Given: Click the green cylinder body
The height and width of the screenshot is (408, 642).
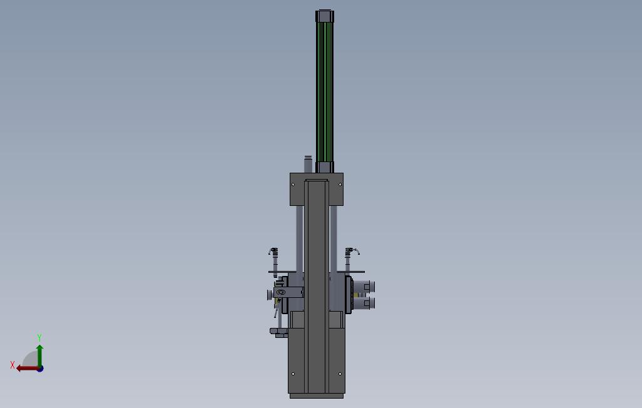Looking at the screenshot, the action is [325, 92].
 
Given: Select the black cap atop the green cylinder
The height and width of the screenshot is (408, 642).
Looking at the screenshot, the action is [325, 16].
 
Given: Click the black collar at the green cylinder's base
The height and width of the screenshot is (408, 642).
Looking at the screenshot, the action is [325, 167].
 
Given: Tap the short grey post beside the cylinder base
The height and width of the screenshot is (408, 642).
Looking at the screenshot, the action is [308, 164].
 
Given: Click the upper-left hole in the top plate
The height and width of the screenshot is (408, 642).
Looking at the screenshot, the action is [293, 185].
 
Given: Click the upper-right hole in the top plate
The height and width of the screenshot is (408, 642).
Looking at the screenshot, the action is [340, 185].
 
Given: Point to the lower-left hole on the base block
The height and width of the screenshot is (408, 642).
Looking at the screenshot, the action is [293, 374].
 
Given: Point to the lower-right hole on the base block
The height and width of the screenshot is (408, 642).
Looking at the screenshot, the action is [340, 374].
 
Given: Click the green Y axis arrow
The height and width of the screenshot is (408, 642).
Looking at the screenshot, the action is [39, 355].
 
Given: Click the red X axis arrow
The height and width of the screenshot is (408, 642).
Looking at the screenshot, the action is [28, 369].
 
